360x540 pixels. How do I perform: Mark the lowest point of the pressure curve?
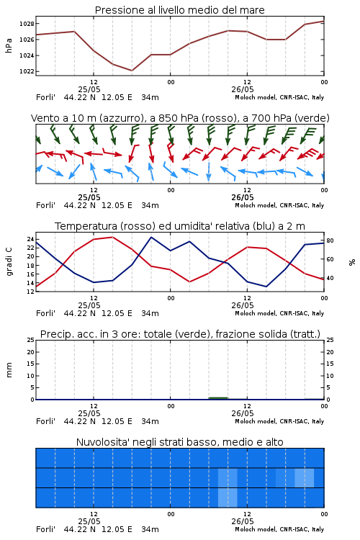[x=132, y=71]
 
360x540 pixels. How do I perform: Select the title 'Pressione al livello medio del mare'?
[x=180, y=10]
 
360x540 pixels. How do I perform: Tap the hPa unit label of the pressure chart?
[x=9, y=45]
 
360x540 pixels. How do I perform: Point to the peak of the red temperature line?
[x=112, y=237]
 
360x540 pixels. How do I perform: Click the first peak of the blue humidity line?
[x=151, y=237]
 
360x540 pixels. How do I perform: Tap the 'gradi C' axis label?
[x=9, y=262]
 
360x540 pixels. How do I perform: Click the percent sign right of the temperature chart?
[x=352, y=262]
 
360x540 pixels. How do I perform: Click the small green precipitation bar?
[x=218, y=398]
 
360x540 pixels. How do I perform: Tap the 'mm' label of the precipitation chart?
[x=9, y=370]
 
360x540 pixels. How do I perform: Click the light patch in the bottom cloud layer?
[x=228, y=498]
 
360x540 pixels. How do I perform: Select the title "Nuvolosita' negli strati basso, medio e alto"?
[x=180, y=442]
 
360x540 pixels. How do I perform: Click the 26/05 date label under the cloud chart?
[x=243, y=521]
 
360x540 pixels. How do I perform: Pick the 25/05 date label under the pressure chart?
[x=89, y=89]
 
